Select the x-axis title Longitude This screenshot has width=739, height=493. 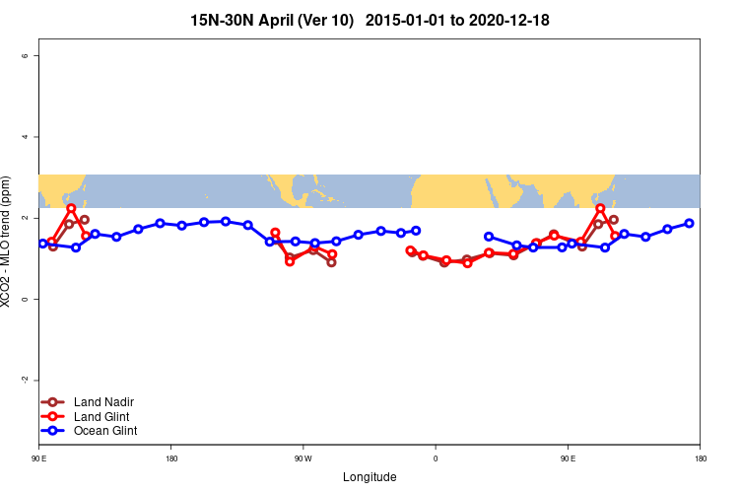click(x=369, y=477)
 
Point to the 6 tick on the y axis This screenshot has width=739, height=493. click(x=25, y=56)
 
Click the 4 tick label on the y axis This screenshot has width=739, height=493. click(x=25, y=137)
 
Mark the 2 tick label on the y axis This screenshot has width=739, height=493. click(x=25, y=218)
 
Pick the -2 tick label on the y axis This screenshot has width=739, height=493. click(x=25, y=380)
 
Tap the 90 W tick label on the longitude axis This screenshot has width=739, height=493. click(x=302, y=458)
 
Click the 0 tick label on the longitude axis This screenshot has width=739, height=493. click(x=435, y=458)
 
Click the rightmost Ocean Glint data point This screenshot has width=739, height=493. click(x=689, y=223)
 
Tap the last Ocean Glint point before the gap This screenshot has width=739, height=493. click(x=416, y=231)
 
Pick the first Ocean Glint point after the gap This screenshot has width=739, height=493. click(x=489, y=237)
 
